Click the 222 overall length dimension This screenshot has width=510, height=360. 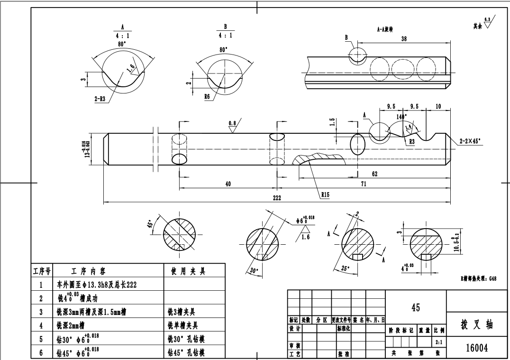(x=276, y=198)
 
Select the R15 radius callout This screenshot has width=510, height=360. (x=325, y=194)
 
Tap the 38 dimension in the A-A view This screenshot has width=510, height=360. (x=403, y=39)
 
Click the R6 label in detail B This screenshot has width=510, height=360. (x=208, y=96)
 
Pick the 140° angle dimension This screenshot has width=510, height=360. (x=401, y=116)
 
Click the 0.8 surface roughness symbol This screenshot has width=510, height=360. (x=232, y=123)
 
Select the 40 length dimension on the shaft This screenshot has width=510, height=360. (x=228, y=184)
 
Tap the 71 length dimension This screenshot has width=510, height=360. (x=363, y=184)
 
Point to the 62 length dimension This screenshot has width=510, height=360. (x=374, y=174)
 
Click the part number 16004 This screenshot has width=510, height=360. (x=478, y=348)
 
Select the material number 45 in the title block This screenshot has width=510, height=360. (x=416, y=307)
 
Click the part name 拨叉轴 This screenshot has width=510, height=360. (x=477, y=325)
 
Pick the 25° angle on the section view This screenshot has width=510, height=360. (x=346, y=268)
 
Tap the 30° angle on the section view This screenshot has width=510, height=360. (x=254, y=270)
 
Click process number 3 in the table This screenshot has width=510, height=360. (x=41, y=312)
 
